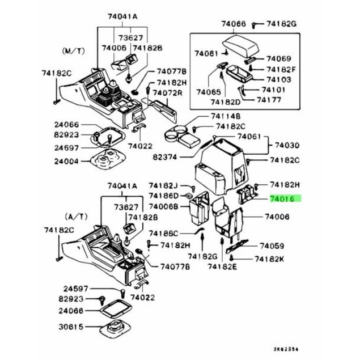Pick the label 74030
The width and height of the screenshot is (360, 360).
click(287, 146)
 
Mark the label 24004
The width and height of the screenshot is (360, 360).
click(66, 160)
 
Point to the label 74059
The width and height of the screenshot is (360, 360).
click(274, 246)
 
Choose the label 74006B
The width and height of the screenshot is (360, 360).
click(164, 206)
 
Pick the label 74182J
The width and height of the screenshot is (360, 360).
click(164, 186)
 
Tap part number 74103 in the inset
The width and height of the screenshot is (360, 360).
click(279, 79)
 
